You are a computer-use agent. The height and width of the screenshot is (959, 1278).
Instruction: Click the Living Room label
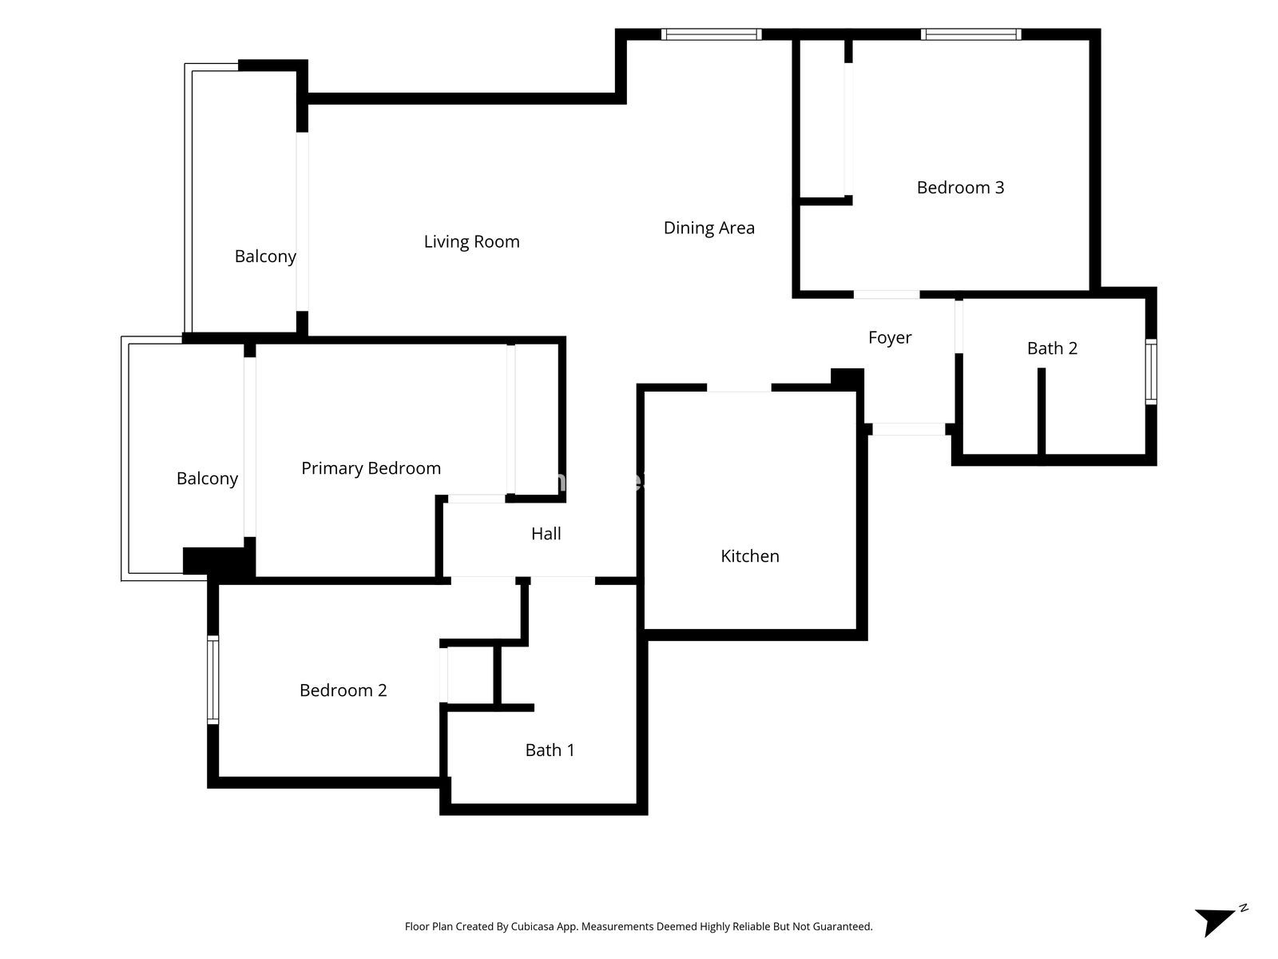tap(471, 241)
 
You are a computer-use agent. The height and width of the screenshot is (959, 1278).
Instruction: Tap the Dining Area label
tap(708, 228)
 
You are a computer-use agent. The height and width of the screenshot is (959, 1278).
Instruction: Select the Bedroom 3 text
tap(960, 188)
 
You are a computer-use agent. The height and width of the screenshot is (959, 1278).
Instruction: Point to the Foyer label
tap(889, 338)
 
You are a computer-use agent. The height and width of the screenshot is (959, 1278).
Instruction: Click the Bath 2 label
tap(1051, 348)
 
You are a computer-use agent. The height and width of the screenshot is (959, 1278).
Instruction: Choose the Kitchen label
tap(749, 556)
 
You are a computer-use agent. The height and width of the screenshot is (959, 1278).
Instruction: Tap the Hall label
tap(546, 533)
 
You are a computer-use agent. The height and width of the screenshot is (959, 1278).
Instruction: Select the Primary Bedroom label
tap(371, 468)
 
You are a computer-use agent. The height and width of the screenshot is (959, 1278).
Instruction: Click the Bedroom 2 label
tap(343, 690)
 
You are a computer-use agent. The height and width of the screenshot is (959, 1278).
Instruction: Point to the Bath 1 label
tap(550, 750)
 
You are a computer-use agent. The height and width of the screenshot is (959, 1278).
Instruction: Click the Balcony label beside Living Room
tap(265, 257)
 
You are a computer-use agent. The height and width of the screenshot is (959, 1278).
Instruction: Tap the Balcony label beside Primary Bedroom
tap(207, 479)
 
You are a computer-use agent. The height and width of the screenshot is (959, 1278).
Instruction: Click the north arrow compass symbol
tap(1220, 920)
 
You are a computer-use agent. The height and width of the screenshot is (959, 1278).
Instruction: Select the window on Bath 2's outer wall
tap(1150, 372)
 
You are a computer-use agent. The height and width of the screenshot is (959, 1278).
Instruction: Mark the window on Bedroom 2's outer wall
tap(213, 680)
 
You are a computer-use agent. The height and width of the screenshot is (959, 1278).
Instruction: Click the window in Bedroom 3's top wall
tap(970, 34)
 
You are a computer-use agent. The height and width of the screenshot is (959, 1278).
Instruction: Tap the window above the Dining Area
tap(711, 34)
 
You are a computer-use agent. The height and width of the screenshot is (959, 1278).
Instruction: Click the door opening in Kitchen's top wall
tap(739, 388)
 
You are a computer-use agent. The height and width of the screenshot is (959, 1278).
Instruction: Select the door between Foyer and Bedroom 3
tap(886, 295)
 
